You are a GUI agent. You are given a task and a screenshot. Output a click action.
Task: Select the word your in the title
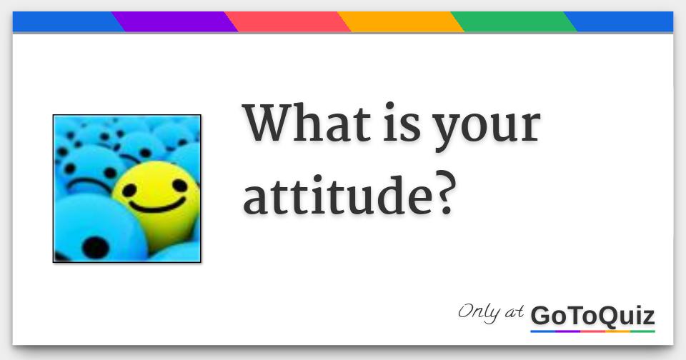click(x=487, y=127)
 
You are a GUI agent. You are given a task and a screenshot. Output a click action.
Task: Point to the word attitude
click(x=339, y=195)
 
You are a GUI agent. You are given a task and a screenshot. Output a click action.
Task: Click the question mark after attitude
click(x=446, y=195)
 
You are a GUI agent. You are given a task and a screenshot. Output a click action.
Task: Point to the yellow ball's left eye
click(x=129, y=190)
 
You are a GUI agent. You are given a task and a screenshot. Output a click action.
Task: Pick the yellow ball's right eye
click(x=180, y=186)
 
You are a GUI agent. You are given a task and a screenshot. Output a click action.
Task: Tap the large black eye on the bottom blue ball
click(x=95, y=248)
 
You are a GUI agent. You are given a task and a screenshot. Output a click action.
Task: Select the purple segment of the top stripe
click(x=175, y=21)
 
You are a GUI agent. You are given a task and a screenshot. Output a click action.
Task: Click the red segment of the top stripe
click(x=288, y=21)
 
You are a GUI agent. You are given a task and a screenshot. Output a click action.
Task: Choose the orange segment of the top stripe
click(x=401, y=21)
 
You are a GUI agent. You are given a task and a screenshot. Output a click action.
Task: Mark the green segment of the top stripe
click(x=514, y=21)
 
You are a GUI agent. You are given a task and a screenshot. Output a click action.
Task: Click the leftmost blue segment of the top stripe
click(x=66, y=21)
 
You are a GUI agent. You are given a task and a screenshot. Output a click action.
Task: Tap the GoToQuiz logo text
click(x=592, y=316)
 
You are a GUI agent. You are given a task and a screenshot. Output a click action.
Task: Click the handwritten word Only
click(x=479, y=313)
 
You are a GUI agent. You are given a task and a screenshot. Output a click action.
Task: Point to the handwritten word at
click(x=514, y=312)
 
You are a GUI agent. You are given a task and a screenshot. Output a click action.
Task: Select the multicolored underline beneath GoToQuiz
click(x=592, y=331)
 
